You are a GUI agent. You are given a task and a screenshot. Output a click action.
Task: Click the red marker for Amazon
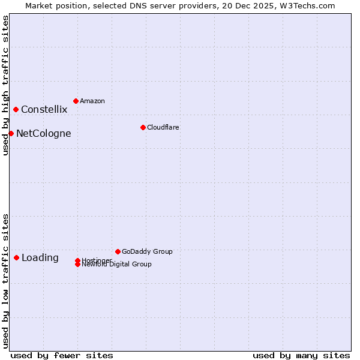pyautogui.click(x=76, y=101)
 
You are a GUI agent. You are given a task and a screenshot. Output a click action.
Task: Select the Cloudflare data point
pyautogui.click(x=143, y=127)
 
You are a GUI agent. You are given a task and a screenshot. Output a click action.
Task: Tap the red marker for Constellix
pyautogui.click(x=16, y=109)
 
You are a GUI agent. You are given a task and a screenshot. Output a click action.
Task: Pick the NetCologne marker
pyautogui.click(x=11, y=133)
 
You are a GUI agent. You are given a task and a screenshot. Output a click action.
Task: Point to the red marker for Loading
pyautogui.click(x=16, y=257)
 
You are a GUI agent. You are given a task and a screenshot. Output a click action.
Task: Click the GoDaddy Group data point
pyautogui.click(x=118, y=251)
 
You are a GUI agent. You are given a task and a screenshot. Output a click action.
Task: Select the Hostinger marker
pyautogui.click(x=77, y=260)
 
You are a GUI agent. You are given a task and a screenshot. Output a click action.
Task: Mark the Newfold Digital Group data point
pyautogui.click(x=77, y=265)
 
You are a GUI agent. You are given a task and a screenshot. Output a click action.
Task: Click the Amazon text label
pyautogui.click(x=92, y=101)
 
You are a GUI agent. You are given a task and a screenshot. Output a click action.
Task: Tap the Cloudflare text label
pyautogui.click(x=163, y=127)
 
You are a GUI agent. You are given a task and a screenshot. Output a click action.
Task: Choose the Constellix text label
pyautogui.click(x=44, y=109)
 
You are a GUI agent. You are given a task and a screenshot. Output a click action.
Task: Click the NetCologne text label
pyautogui.click(x=43, y=133)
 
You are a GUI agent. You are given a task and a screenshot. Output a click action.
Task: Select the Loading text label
pyautogui.click(x=40, y=257)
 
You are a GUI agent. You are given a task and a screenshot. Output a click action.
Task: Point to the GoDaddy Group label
pyautogui.click(x=147, y=251)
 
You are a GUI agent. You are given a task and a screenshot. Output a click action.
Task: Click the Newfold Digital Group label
pyautogui.click(x=117, y=265)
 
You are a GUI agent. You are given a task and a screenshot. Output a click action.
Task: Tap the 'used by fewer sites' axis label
pyautogui.click(x=62, y=355)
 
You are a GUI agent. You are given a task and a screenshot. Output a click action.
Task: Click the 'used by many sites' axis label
pyautogui.click(x=301, y=355)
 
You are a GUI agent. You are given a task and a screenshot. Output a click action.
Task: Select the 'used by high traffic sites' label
pyautogui.click(x=5, y=85)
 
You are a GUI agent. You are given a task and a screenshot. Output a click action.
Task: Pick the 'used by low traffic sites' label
pyautogui.click(x=5, y=280)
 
